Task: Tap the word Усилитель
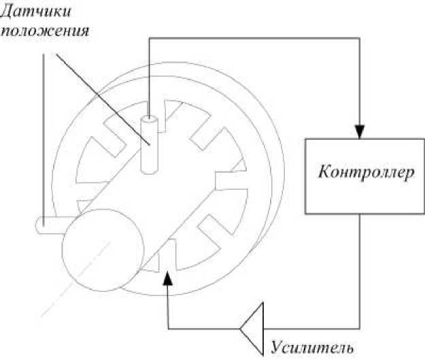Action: [312, 347]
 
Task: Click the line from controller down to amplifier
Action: [360, 272]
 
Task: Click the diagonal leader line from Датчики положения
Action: [102, 95]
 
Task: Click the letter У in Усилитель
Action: [275, 348]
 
